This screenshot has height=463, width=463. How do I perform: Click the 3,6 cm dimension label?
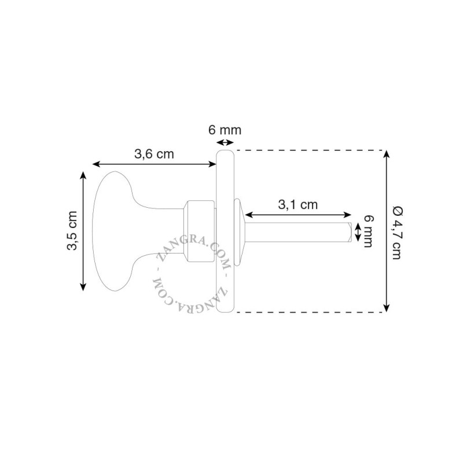[154, 154]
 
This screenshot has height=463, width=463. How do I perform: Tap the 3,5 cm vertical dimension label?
[72, 230]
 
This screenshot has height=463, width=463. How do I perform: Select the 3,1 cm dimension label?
[297, 205]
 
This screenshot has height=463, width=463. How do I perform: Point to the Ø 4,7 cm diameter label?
[396, 233]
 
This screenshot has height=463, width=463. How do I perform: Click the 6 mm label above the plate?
[225, 130]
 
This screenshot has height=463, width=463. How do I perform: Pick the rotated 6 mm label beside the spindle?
[368, 231]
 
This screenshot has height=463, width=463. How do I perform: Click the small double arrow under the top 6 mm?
[225, 142]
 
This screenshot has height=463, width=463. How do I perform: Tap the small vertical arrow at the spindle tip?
[357, 232]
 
